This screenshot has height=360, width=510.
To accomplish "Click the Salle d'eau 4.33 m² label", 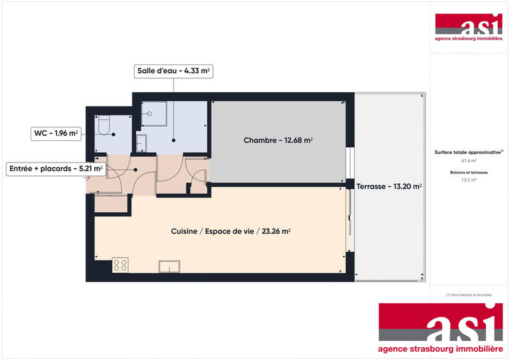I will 173,71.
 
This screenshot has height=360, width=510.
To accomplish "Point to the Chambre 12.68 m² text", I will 278,140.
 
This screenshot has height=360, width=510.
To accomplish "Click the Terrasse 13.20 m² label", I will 388,187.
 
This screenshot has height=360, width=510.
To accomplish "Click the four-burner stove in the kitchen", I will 120,264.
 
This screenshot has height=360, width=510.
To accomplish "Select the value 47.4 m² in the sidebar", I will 469,161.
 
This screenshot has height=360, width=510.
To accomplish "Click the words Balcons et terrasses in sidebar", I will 469,172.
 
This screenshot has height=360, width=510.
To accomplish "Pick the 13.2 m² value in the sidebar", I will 469,180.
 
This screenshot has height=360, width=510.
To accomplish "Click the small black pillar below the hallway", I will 189,187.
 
